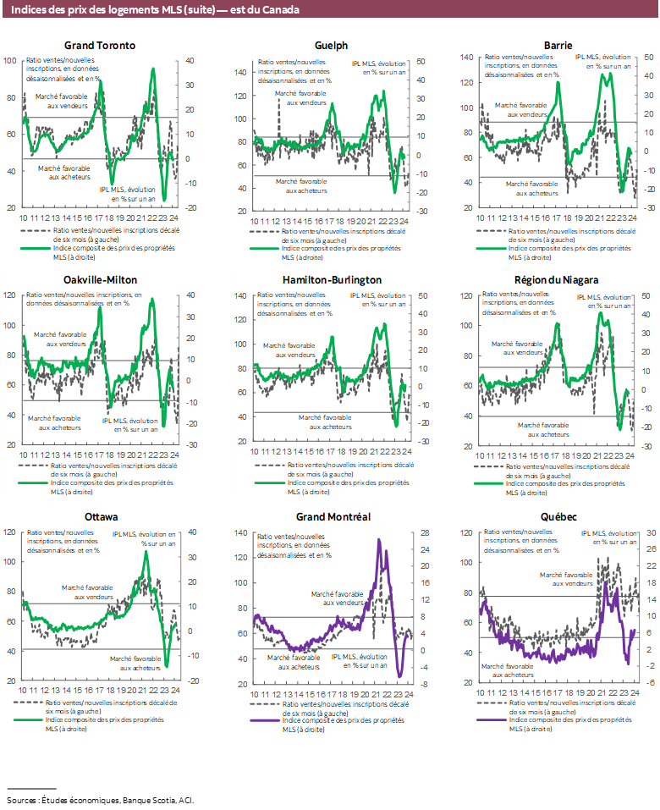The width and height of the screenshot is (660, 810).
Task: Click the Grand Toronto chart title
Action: (100, 45)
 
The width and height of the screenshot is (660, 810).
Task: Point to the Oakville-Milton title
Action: (100, 279)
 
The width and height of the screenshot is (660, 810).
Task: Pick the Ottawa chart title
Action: (101, 516)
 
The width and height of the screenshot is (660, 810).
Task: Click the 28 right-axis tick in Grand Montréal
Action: (418, 533)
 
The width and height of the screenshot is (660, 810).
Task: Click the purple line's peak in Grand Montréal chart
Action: (379, 539)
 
